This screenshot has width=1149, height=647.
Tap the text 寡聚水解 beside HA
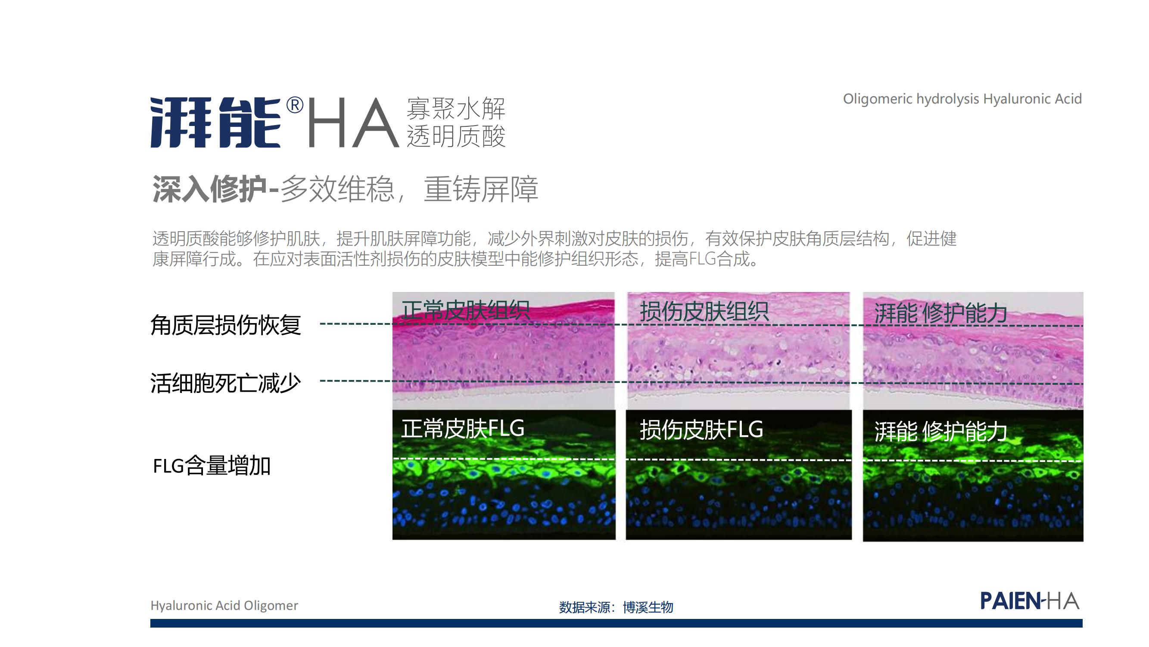coord(455,109)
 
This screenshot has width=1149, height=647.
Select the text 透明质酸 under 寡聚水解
coord(455,136)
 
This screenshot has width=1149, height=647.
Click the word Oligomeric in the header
coord(877,99)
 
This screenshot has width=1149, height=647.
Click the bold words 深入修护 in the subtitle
coord(210,189)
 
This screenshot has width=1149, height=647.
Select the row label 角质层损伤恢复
coord(226,325)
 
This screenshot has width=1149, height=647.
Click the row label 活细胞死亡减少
coord(226,383)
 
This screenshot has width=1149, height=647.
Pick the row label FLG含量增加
coord(212,466)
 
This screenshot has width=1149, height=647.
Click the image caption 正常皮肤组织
coord(465,310)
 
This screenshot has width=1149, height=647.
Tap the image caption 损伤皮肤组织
coord(704,311)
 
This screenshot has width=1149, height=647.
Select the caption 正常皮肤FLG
coord(463,428)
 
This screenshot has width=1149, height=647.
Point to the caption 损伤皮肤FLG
coord(701,430)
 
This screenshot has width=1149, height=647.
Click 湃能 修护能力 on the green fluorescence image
coord(940,431)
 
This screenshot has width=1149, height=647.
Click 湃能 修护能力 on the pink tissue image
coord(940,313)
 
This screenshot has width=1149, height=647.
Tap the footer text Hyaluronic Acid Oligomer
coord(224,606)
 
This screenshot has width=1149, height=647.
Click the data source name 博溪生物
coord(648,607)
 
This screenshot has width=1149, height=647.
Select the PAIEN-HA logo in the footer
coord(1030,601)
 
